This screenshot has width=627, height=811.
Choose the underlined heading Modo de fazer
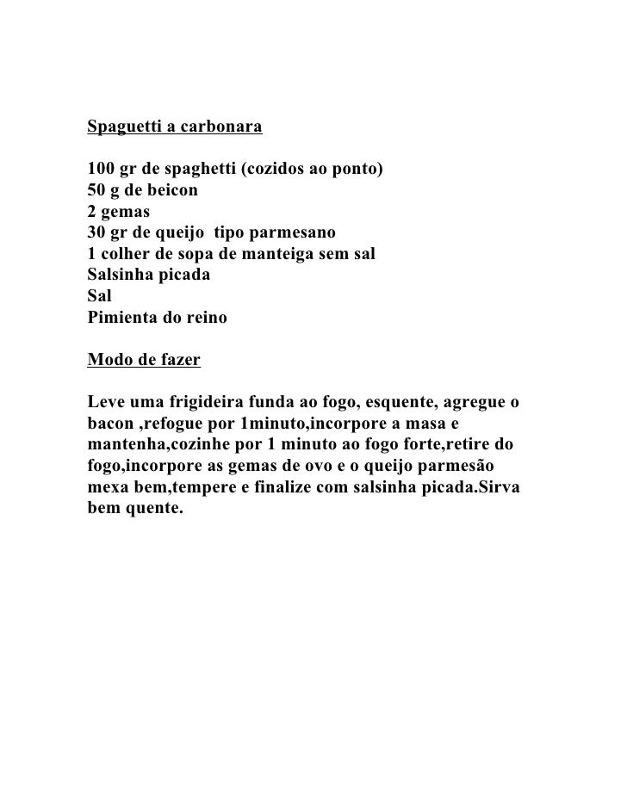pos(144,360)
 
